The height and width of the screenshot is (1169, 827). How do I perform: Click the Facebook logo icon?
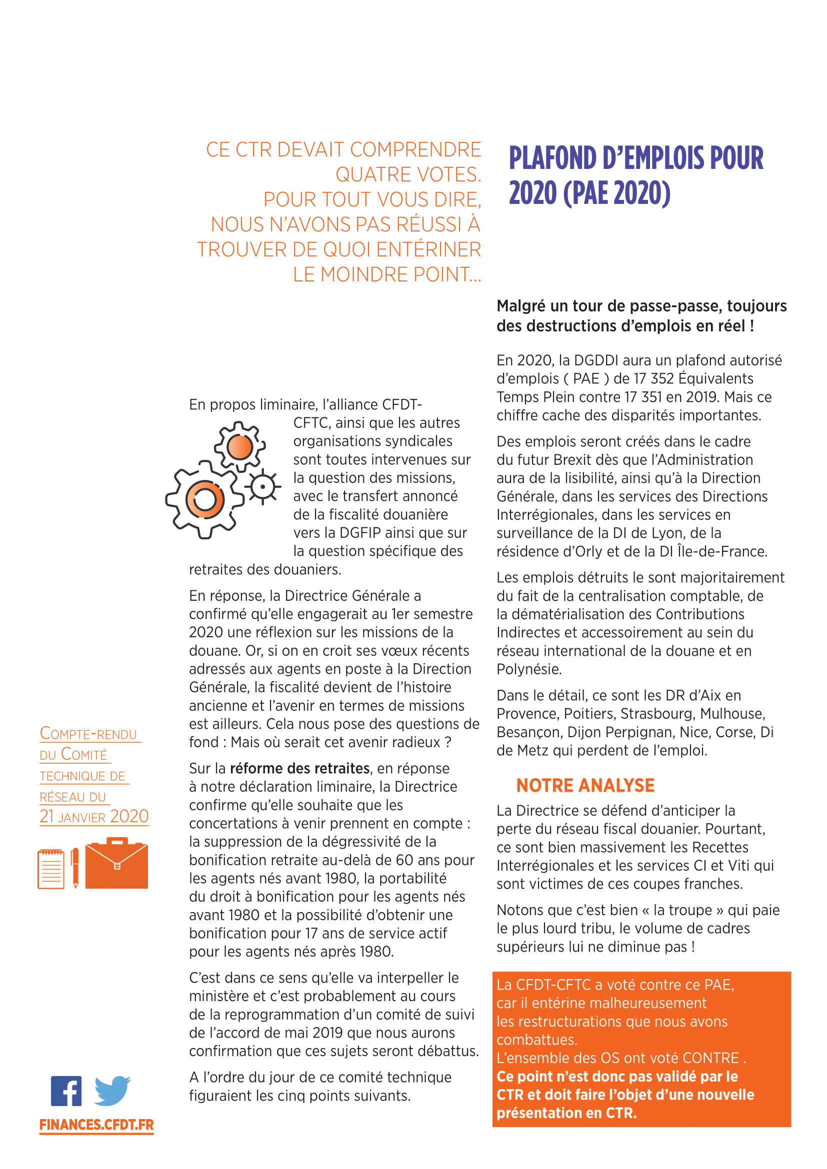tap(65, 1091)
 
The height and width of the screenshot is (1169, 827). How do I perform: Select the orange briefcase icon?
tap(116, 864)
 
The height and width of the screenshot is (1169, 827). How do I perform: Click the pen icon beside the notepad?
tap(75, 867)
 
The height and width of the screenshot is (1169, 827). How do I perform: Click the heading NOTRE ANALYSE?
tap(585, 786)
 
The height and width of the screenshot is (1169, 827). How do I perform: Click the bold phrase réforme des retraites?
tap(299, 768)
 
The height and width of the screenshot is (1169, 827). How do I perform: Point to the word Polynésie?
tap(528, 670)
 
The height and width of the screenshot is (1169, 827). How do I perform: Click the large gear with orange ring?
tap(204, 500)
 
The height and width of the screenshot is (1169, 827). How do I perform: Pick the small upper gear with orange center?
tap(239, 447)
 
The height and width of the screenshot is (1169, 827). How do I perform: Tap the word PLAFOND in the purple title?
tap(552, 158)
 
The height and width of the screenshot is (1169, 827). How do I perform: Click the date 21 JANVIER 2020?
tap(94, 817)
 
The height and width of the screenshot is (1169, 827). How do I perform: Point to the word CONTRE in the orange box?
tap(710, 1058)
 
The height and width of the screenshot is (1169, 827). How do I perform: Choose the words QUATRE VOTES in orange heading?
tap(408, 174)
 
